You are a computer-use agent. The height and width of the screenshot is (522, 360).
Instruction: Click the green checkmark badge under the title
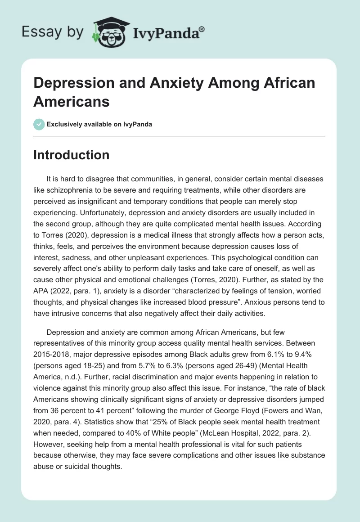click(x=39, y=124)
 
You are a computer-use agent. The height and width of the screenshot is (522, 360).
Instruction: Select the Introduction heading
click(x=71, y=155)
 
